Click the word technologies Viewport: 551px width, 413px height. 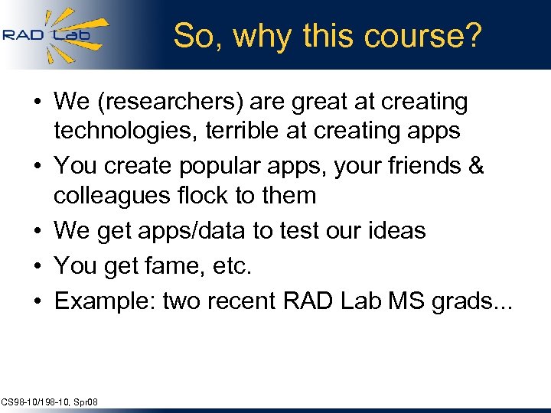coord(123,131)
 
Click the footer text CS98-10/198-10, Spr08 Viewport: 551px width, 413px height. coord(50,402)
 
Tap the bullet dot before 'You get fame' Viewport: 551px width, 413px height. coord(37,266)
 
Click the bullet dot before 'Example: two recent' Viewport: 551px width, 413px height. coord(37,301)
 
